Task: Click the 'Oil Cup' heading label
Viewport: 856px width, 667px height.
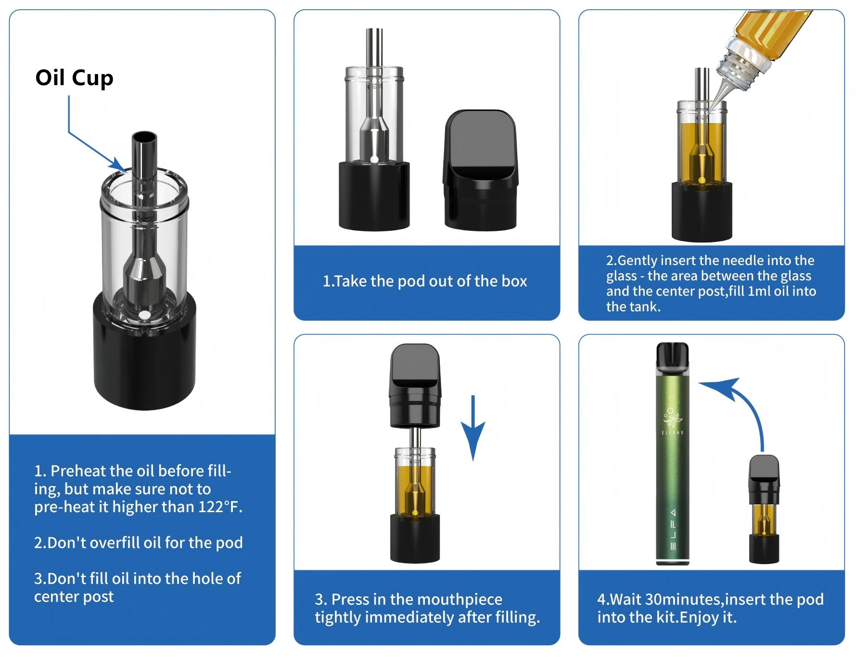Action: pos(74,78)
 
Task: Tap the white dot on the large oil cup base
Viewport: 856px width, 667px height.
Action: pos(143,315)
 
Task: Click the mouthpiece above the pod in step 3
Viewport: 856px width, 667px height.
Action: pos(415,385)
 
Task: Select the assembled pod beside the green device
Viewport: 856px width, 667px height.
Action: pos(764,510)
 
